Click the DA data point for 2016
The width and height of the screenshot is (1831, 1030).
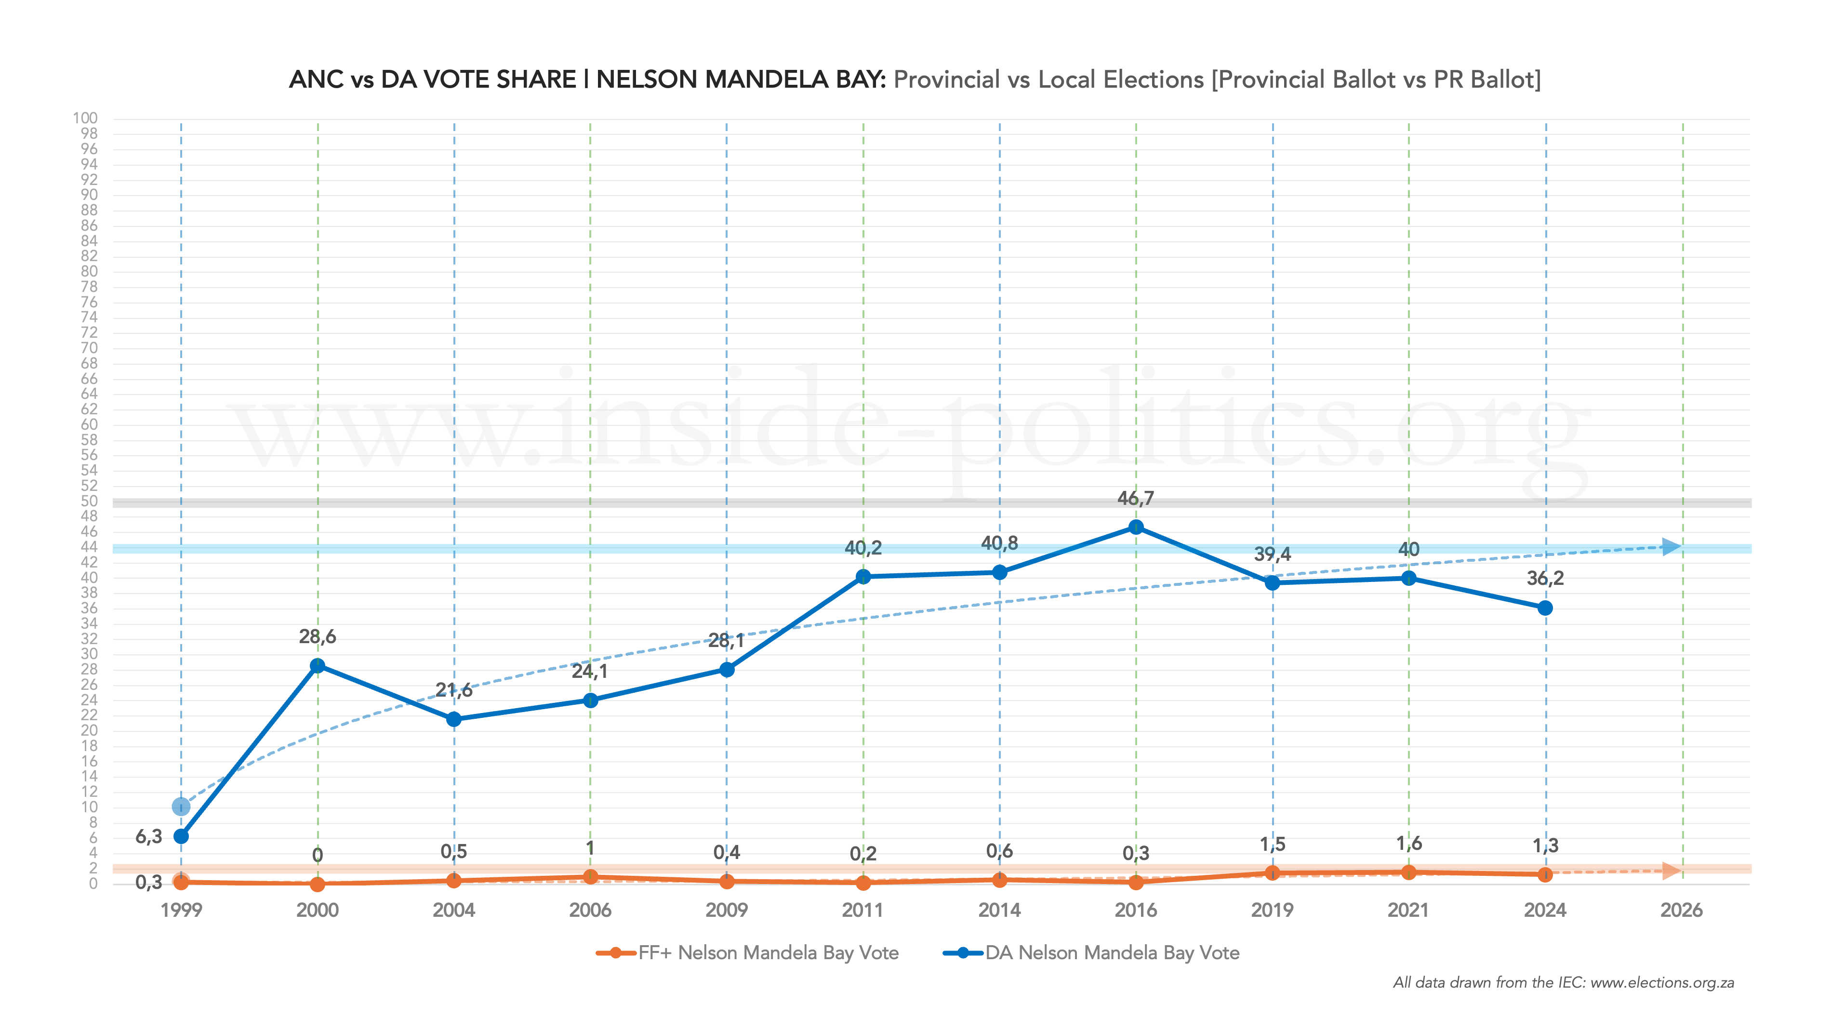[1136, 527]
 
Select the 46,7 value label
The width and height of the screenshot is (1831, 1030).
[1136, 498]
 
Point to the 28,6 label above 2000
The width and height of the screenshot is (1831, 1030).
[318, 636]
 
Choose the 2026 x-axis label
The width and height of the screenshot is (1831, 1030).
[1682, 910]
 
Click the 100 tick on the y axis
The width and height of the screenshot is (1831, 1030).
[85, 118]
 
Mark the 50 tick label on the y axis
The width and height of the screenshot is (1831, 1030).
[89, 501]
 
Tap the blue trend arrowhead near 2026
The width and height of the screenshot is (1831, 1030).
[1672, 547]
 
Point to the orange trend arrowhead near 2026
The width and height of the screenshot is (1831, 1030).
[1672, 871]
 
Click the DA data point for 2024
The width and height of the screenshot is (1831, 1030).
[1545, 608]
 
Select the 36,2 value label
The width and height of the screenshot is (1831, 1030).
[1545, 578]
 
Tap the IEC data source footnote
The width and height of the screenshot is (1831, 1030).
[1564, 982]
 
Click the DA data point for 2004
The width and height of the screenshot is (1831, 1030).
[454, 719]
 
